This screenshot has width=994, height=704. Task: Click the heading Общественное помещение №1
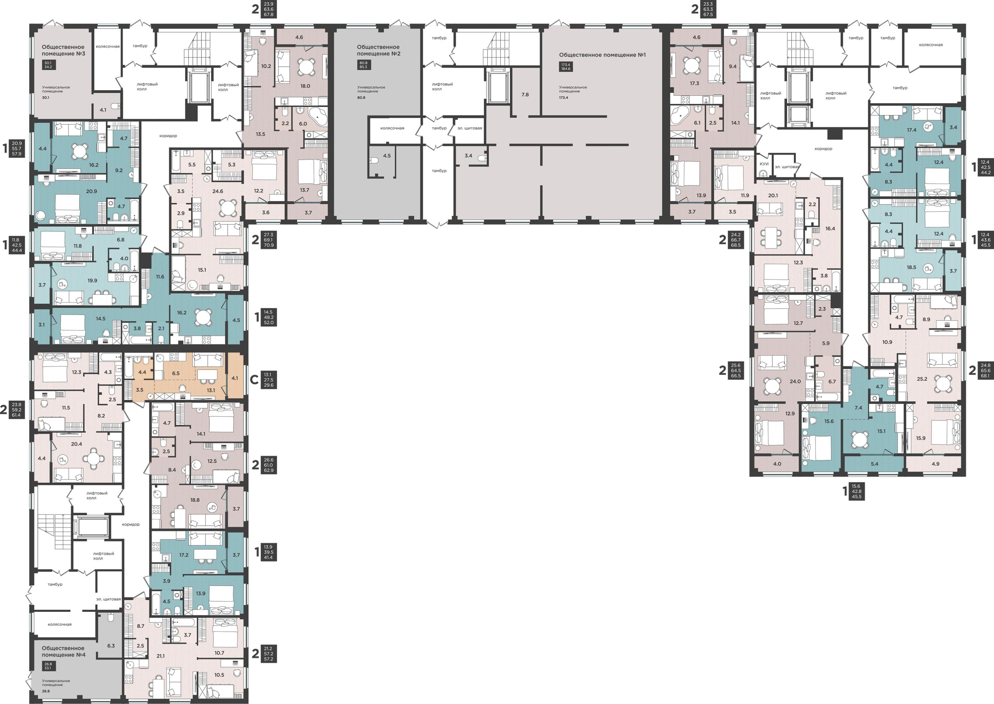602,55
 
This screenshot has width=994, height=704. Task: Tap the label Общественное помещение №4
63,651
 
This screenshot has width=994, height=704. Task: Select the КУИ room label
764,164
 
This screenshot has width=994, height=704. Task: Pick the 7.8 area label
525,94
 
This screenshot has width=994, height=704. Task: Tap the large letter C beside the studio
254,380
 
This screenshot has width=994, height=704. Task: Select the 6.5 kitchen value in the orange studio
176,373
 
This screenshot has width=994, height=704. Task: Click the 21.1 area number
161,656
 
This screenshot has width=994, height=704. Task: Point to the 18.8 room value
195,500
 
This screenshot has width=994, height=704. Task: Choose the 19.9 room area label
92,280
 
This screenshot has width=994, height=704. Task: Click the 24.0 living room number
795,381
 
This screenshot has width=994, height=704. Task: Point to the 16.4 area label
830,228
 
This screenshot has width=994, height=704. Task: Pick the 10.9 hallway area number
887,342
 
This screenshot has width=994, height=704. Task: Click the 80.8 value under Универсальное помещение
361,97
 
